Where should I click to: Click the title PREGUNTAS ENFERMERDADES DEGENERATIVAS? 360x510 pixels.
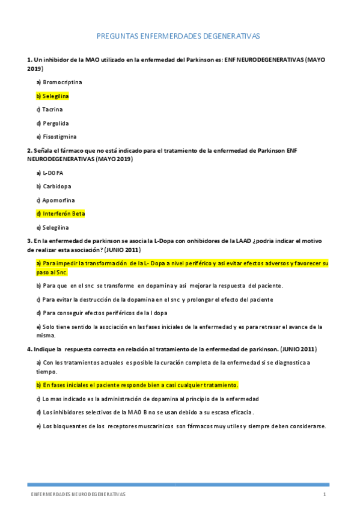pos(178,37)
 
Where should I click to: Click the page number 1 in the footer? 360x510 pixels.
pos(325,494)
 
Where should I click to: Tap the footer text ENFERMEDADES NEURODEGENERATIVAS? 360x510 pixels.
pos(79,494)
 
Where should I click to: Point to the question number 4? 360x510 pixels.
pos(29,349)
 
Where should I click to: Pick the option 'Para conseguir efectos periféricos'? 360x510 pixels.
pos(102,313)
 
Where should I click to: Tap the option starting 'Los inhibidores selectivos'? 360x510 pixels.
pos(145,412)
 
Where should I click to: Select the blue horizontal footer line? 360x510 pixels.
pos(178,485)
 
